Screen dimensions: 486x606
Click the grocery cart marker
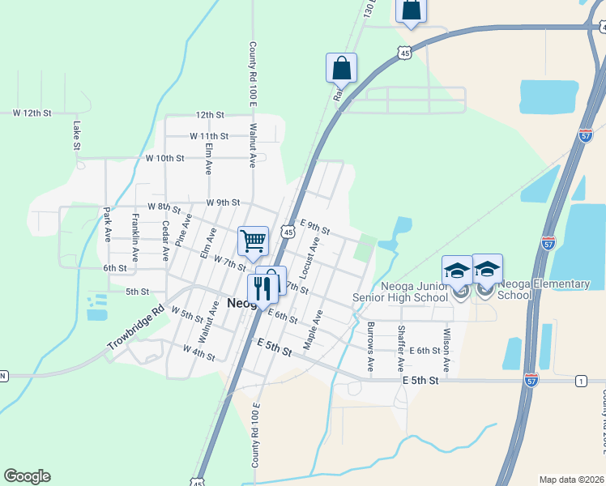click(x=253, y=239)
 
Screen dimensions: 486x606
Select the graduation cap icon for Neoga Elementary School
click(x=488, y=269)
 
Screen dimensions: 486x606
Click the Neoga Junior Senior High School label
click(x=400, y=291)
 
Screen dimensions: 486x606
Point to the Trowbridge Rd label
click(x=135, y=327)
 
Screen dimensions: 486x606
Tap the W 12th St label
click(x=32, y=113)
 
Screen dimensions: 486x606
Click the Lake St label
click(x=76, y=135)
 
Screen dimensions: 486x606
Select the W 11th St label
click(x=209, y=136)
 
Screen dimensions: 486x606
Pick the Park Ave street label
click(x=107, y=224)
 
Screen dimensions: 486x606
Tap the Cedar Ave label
click(x=165, y=240)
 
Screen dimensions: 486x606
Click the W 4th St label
click(x=198, y=352)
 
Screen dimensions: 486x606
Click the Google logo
click(x=27, y=476)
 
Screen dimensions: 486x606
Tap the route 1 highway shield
click(x=581, y=381)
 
